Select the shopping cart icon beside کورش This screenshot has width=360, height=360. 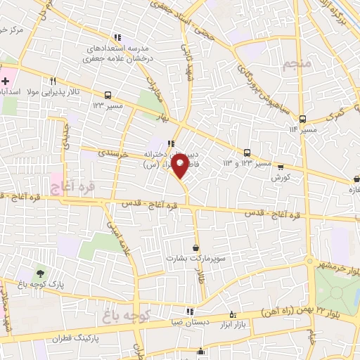pyautogui.click(x=281, y=167)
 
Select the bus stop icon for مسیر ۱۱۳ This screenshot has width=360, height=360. pyautogui.click(x=302, y=118)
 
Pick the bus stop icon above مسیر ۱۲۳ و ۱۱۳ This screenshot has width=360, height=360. pyautogui.click(x=247, y=153)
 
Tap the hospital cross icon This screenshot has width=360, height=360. pyautogui.click(x=6, y=81)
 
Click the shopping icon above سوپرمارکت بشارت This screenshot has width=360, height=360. pyautogui.click(x=195, y=247)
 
